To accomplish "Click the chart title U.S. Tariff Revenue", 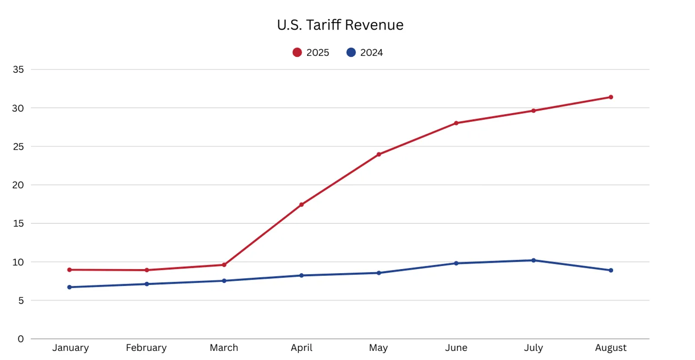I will coord(340,25).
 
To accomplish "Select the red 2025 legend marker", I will coord(297,53).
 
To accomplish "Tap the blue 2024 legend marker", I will coord(351,53).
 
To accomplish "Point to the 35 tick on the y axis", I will coord(18,70).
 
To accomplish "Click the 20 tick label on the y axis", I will coord(18,185).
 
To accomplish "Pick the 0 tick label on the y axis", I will coord(20,339).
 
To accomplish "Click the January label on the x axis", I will coord(70,348).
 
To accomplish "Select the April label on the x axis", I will coord(302,348).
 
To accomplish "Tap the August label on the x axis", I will coord(610,348).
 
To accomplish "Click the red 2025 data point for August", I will coord(610,97).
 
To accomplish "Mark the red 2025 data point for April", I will coord(302,205).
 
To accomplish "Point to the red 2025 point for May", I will coord(378,155).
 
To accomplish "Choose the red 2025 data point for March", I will coord(224,265).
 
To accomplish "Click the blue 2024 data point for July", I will coord(534,260).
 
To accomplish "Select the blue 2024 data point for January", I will coord(70,287).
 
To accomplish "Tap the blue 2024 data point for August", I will coord(610,270).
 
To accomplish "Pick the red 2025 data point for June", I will coord(456,123).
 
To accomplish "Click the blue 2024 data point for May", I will coord(378,273).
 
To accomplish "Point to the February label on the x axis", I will coord(146,348).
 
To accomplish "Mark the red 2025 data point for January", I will coord(70,270).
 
